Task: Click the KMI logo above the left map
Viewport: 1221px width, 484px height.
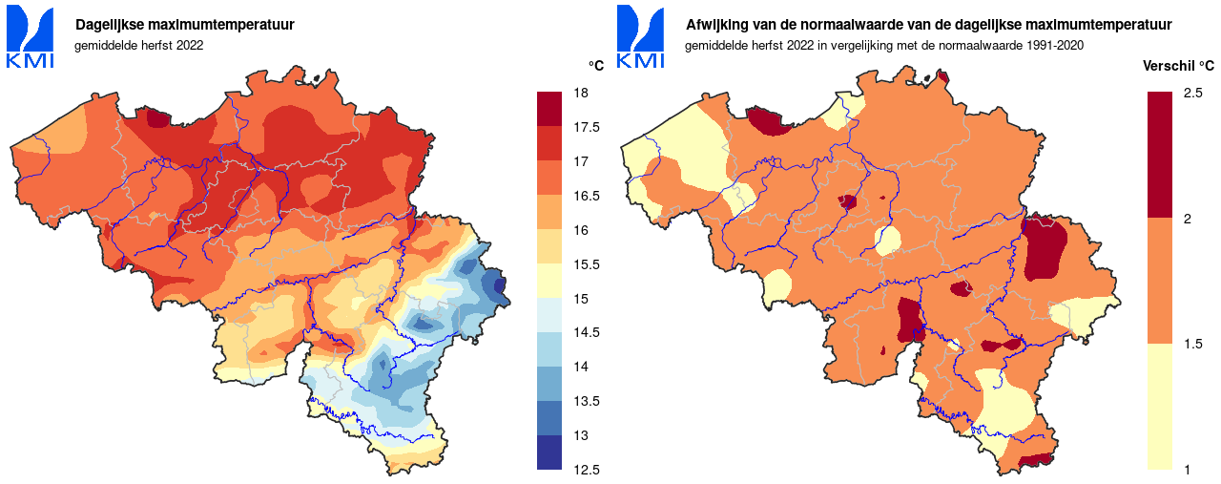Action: pos(31,37)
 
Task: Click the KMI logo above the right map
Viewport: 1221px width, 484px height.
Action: pos(641,37)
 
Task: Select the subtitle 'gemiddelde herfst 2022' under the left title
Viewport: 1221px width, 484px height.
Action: pos(139,45)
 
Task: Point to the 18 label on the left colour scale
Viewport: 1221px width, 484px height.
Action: pos(579,94)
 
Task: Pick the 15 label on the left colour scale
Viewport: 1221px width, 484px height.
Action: pos(579,299)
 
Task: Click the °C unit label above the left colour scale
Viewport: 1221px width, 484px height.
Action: pos(595,66)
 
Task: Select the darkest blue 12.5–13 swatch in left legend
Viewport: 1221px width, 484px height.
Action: pos(550,452)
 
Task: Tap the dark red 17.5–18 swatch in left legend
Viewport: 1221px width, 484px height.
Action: pos(550,110)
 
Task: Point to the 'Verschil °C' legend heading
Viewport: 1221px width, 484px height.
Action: pos(1178,66)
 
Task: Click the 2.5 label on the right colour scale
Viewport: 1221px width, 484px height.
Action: pos(1191,94)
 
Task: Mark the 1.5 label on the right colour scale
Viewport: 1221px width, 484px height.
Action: pos(1191,345)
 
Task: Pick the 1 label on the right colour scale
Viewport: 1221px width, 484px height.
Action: pos(1187,470)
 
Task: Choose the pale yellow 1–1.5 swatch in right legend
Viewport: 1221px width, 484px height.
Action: pos(1160,407)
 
